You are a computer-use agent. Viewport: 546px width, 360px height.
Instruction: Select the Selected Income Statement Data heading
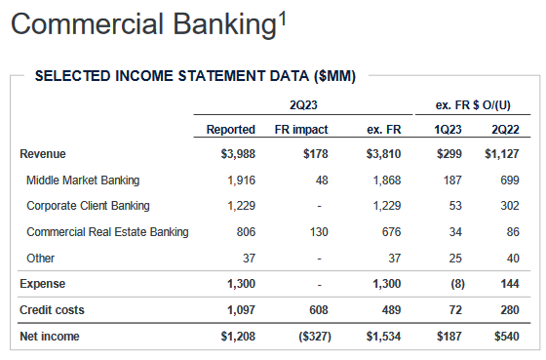pos(195,76)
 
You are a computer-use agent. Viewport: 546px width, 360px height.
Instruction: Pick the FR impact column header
pos(302,129)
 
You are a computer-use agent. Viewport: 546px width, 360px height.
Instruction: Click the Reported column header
pos(231,129)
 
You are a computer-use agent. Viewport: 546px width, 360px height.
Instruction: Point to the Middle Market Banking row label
pos(83,180)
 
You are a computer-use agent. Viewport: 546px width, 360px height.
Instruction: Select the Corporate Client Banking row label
pos(88,206)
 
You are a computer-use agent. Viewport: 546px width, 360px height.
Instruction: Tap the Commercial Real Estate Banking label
pos(107,232)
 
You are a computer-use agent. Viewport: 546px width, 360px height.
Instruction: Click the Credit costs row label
pos(52,309)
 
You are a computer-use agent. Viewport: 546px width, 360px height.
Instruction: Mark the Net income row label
pos(50,337)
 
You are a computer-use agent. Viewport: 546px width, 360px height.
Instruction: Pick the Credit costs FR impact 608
pos(318,309)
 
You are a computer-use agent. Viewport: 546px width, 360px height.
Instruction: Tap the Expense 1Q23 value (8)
pos(453,284)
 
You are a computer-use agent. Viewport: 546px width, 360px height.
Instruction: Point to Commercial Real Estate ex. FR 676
pos(389,232)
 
